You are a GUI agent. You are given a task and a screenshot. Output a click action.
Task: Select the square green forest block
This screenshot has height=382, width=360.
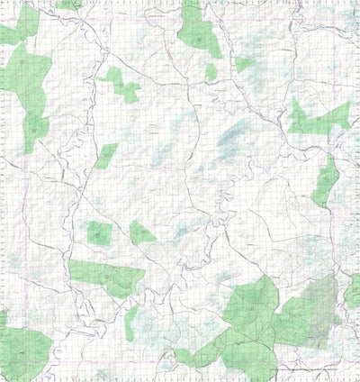(99, 233)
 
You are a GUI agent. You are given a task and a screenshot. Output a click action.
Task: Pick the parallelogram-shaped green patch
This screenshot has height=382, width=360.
(106, 155)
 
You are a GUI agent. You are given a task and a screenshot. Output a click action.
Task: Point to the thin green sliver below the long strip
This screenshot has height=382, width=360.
(131, 320)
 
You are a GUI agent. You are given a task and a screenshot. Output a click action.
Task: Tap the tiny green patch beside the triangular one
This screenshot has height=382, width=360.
(211, 71)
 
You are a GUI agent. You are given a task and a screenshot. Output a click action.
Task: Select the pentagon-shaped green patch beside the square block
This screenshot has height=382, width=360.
(140, 233)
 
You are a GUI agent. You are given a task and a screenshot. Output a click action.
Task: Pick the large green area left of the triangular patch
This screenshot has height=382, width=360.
(197, 32)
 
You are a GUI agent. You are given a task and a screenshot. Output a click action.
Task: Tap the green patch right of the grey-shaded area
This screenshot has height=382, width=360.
(351, 292)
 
